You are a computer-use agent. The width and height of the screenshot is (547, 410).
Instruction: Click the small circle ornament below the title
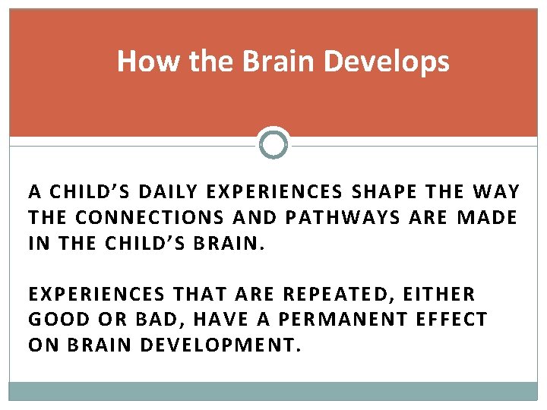pos(273,143)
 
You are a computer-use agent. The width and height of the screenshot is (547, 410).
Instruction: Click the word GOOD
pos(57,320)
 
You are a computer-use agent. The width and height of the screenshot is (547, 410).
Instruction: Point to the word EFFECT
pos(451,320)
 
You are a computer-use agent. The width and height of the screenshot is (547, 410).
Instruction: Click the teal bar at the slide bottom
pos(273,391)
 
